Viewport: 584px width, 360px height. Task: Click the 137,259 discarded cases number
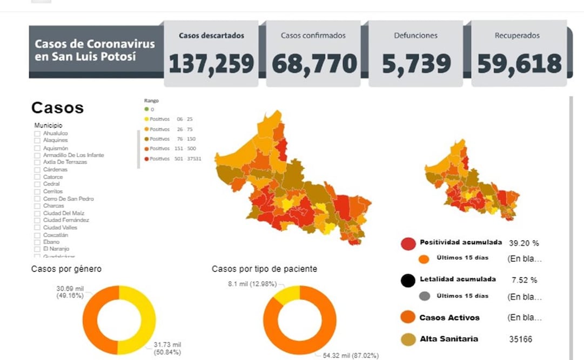point(211,64)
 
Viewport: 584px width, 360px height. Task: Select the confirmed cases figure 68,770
point(314,64)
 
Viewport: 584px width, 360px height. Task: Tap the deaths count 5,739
point(416,64)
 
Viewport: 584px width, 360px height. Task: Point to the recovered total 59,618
point(519,64)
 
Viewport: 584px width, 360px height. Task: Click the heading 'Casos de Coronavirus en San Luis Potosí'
point(95,50)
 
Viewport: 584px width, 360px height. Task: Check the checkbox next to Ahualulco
point(37,134)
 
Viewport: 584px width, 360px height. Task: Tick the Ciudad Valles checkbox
point(37,228)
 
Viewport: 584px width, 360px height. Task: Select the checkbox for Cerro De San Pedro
point(37,199)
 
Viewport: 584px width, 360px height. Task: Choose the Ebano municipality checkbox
point(37,242)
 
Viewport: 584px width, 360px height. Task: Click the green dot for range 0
point(146,110)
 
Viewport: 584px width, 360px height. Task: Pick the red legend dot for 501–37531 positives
point(146,159)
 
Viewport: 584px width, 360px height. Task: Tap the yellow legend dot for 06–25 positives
point(146,119)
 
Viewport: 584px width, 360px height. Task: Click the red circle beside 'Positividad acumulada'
point(408,243)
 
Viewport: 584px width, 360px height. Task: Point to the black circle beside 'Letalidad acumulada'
point(408,280)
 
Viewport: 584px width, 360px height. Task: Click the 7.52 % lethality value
point(524,280)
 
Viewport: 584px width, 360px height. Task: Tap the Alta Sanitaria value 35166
point(520,339)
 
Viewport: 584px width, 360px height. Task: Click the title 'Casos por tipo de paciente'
point(264,269)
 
